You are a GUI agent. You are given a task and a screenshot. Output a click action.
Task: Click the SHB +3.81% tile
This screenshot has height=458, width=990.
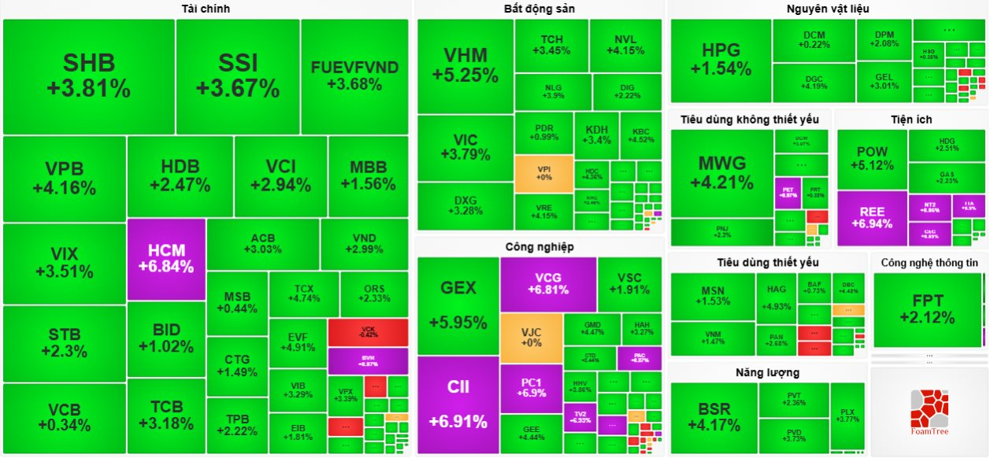[x=88, y=76]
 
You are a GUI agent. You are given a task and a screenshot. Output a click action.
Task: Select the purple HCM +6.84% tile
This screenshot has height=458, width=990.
[x=166, y=258]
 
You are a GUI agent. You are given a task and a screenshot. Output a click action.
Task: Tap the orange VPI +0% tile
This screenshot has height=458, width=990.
[x=543, y=173]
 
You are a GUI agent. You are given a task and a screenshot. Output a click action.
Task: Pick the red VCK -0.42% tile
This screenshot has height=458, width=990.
[x=368, y=331]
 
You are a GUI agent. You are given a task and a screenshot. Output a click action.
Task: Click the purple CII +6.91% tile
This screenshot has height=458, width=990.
[x=458, y=404]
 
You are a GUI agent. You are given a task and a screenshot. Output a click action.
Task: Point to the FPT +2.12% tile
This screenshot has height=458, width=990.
[x=927, y=308]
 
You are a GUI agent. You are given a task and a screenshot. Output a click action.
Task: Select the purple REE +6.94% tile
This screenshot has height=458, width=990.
[x=871, y=218]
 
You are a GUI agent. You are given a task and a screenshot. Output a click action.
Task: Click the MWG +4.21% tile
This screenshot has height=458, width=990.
[x=721, y=172]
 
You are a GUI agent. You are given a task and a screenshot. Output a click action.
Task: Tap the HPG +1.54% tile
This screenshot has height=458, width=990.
[x=721, y=61]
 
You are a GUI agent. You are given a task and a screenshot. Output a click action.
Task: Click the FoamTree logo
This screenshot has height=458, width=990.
[x=929, y=412]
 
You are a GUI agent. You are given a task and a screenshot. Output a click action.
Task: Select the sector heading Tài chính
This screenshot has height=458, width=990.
[x=205, y=9]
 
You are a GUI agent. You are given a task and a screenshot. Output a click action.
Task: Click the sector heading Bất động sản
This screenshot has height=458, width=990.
[x=539, y=9]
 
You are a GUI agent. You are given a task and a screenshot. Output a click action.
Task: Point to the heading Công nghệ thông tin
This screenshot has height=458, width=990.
[x=930, y=262]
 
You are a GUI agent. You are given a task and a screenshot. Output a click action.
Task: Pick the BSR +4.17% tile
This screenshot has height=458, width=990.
[x=714, y=417]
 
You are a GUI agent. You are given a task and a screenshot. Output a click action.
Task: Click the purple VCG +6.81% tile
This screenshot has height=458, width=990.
[x=548, y=283]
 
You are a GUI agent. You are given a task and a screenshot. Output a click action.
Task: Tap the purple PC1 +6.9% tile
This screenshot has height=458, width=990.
[x=531, y=388]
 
